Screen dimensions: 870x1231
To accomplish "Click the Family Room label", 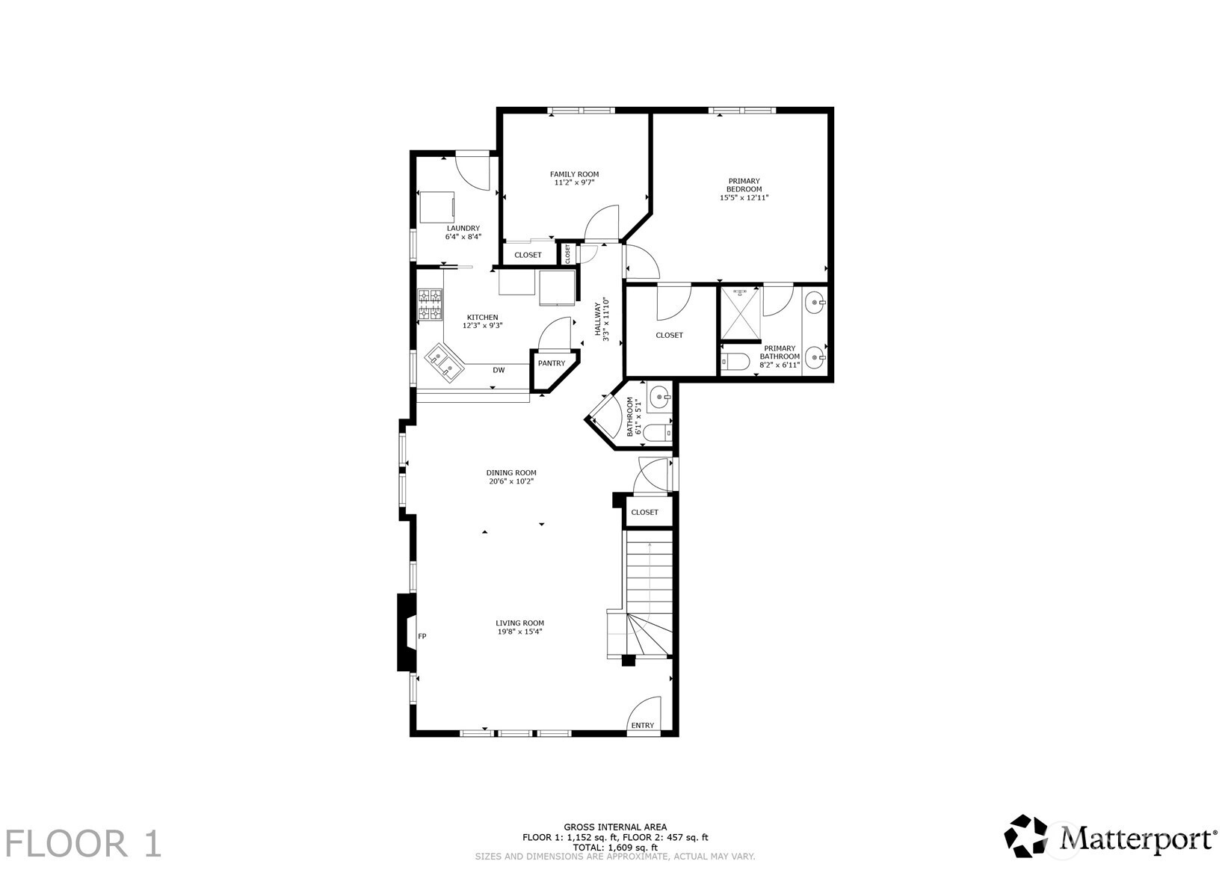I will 574,174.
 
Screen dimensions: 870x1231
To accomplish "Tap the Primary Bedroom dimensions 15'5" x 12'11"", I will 744,198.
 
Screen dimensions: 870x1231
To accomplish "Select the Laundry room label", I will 463,228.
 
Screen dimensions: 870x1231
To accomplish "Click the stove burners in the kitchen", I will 430,305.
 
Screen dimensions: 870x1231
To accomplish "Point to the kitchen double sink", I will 445,364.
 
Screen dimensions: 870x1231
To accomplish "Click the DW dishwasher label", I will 499,370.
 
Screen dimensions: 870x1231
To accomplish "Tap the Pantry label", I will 552,363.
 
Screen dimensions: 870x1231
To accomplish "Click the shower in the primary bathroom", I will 740,314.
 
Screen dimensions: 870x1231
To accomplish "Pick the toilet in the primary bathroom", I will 736,363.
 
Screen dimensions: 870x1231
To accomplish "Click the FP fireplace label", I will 422,636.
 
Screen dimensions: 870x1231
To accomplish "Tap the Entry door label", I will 642,725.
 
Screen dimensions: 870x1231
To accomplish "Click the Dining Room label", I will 511,472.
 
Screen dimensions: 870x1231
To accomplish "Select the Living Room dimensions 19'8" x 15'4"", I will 519,632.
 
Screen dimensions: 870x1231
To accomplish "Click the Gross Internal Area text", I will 615,827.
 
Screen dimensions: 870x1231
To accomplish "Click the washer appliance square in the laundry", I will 436,207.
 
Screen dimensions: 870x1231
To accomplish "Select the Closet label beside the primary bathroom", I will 669,335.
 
